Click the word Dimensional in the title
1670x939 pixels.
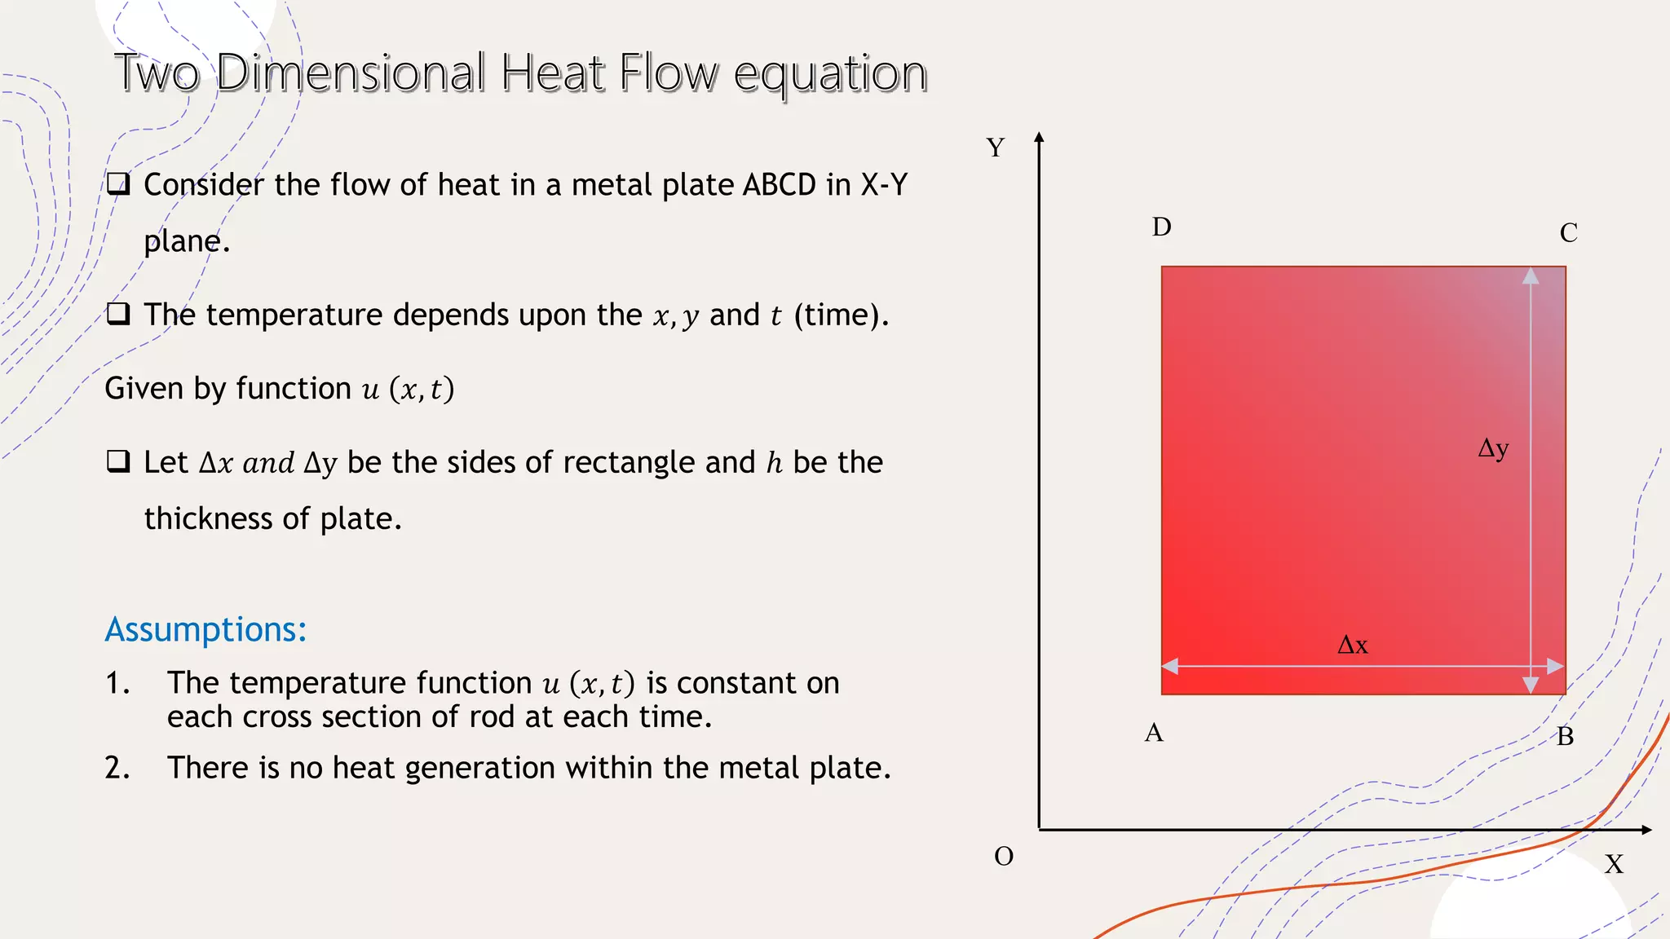tap(351, 73)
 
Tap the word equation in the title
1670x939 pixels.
tap(830, 75)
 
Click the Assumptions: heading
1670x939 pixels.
tap(205, 629)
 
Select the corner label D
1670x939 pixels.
tap(1161, 227)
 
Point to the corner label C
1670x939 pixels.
tap(1568, 233)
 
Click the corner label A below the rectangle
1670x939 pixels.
tap(1154, 733)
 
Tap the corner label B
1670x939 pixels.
tap(1565, 737)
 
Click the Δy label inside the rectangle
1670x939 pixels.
tap(1493, 448)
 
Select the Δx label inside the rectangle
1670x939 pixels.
tap(1353, 646)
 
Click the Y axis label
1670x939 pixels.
tap(995, 148)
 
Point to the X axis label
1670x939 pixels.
tap(1614, 864)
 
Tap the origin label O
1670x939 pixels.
tap(1004, 857)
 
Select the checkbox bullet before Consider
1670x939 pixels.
tap(118, 183)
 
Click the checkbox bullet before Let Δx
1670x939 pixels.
tap(118, 461)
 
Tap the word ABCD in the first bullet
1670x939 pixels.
tap(779, 185)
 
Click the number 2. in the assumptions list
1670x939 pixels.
tap(117, 768)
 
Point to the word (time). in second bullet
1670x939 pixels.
tap(841, 315)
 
